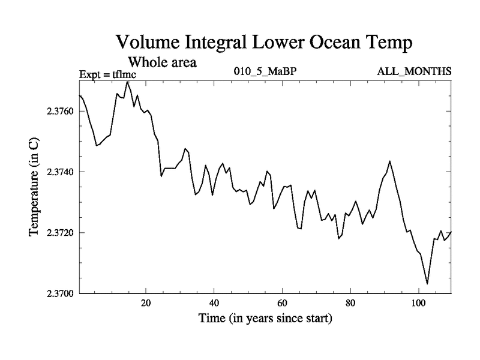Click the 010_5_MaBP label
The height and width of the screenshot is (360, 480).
tap(265, 72)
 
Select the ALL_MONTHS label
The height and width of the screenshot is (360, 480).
tap(413, 72)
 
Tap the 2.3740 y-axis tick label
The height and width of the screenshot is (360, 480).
tap(59, 172)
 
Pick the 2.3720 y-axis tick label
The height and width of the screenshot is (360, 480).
tap(59, 233)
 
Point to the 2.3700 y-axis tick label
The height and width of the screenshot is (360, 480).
tap(59, 293)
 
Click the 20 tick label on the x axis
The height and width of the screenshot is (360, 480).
tap(146, 303)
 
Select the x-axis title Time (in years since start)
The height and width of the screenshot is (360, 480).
tap(265, 319)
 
